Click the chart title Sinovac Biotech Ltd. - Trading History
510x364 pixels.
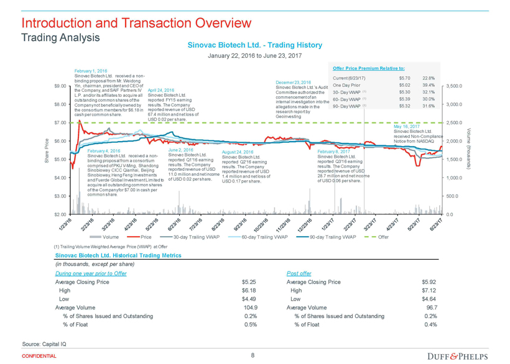251,45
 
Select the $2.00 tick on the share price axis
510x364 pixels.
61,214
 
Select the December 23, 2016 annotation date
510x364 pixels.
293,82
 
